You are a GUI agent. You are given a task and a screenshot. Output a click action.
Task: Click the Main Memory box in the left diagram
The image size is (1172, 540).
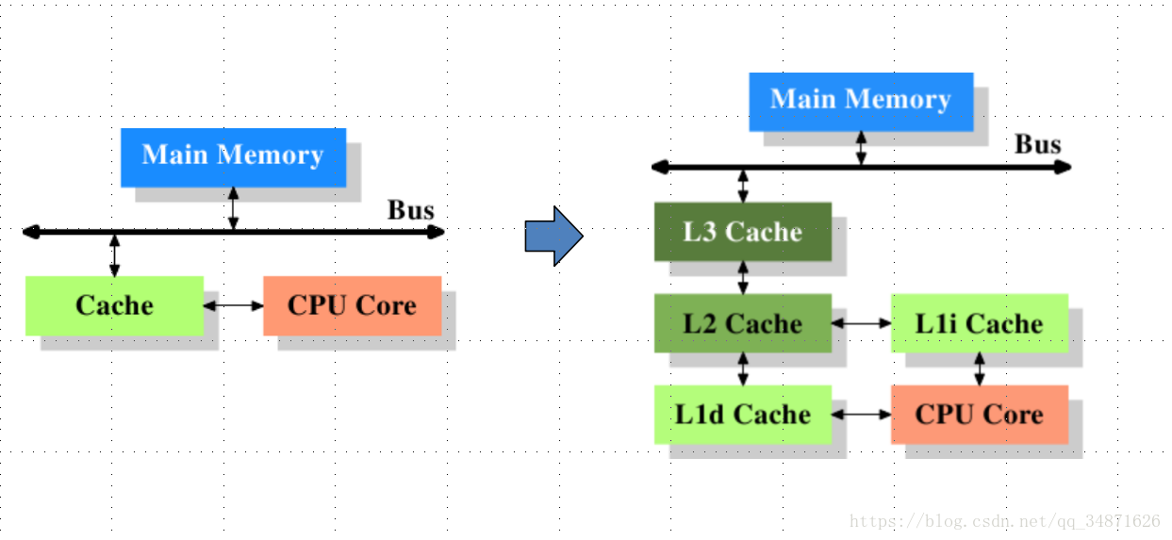point(233,156)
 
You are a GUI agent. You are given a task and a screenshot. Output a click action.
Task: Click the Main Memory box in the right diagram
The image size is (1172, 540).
point(860,101)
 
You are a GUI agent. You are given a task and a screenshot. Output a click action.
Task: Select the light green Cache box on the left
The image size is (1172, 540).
point(114,305)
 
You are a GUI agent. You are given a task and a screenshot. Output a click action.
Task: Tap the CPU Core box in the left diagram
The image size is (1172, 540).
point(352,305)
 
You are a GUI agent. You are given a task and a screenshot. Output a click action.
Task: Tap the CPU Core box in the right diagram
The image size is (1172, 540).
point(979,415)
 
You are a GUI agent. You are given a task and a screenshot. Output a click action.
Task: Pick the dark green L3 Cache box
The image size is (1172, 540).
point(743,232)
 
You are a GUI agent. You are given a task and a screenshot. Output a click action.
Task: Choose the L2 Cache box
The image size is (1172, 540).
point(743,323)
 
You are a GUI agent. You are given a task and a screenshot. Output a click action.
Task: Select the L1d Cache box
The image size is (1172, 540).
point(743,415)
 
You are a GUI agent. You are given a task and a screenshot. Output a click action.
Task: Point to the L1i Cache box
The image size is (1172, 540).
point(979,323)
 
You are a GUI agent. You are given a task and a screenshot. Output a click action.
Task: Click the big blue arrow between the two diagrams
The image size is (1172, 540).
point(553,236)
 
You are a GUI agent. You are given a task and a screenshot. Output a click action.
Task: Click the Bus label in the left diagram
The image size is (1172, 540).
point(411,210)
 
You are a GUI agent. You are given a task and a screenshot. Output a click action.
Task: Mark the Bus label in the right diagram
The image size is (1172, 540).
point(1037,145)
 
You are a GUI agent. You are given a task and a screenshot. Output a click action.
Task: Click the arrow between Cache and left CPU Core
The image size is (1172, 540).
point(233,305)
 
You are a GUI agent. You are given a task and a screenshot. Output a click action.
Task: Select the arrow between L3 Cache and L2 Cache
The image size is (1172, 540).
point(743,277)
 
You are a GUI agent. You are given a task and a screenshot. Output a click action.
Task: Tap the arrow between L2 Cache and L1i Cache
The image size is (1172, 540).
point(861,323)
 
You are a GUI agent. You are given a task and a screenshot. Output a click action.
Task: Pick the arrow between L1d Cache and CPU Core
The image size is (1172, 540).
point(861,415)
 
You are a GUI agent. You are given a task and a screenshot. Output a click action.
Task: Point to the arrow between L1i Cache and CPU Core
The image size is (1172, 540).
point(979,368)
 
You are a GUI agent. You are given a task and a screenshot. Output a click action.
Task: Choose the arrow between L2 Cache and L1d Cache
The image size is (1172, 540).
point(743,368)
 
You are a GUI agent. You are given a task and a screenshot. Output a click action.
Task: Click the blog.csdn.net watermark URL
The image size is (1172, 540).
point(1004,521)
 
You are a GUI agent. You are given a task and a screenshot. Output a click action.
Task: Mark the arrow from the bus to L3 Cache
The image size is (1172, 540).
point(743,186)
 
